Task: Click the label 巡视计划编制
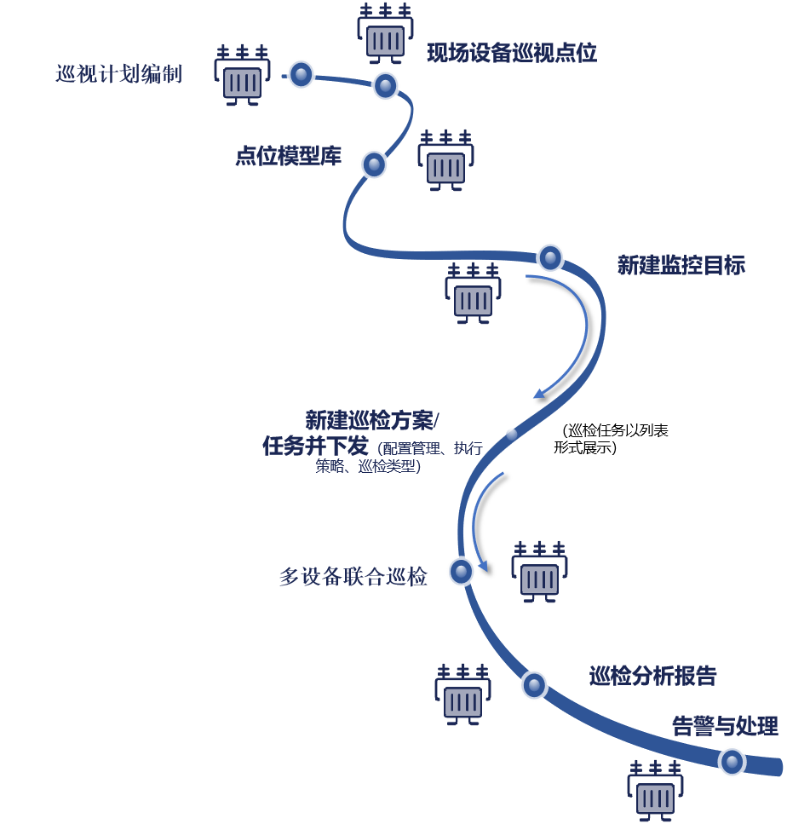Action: [118, 74]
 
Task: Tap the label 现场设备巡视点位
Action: [511, 53]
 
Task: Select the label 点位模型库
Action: [288, 157]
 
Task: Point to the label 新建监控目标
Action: [681, 265]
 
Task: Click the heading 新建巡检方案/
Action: [372, 420]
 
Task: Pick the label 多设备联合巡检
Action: [353, 577]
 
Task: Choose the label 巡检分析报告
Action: [652, 677]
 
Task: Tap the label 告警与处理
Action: [725, 726]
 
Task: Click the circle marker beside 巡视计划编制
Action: [301, 74]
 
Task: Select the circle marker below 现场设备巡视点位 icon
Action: [385, 85]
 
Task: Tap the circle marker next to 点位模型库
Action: [374, 164]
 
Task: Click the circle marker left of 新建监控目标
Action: [550, 256]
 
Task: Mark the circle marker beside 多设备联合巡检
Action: [461, 571]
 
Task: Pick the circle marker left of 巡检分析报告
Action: [534, 684]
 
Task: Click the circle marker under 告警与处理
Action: [732, 761]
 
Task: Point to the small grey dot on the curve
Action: [511, 434]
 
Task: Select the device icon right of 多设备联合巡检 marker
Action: [539, 572]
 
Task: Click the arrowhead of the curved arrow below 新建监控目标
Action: [537, 395]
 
